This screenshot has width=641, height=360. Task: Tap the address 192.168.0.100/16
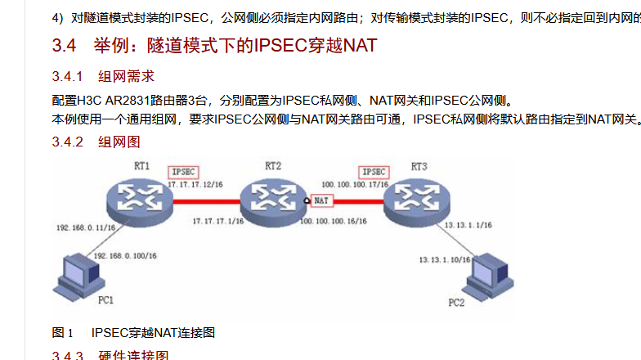pyautogui.click(x=126, y=256)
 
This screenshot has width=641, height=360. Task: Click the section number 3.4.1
pyautogui.click(x=68, y=77)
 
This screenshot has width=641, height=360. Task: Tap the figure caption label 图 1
pyautogui.click(x=63, y=332)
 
